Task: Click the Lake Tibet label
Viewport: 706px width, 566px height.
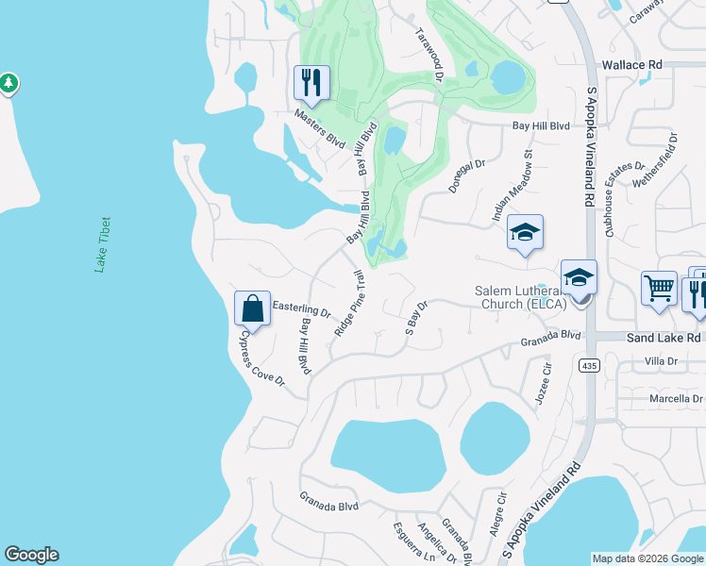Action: (104, 245)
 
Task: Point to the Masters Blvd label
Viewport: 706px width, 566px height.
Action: (319, 127)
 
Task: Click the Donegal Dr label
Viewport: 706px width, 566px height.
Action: (465, 176)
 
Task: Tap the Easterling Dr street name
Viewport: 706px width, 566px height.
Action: (301, 308)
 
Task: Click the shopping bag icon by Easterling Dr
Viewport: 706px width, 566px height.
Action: (253, 308)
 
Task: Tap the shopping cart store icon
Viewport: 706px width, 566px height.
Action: (659, 289)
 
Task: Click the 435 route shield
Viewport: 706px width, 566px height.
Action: (590, 365)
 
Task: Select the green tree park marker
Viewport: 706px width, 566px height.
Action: (9, 84)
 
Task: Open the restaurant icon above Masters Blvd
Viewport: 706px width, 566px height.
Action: (311, 82)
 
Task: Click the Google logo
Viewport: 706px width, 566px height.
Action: (31, 555)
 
